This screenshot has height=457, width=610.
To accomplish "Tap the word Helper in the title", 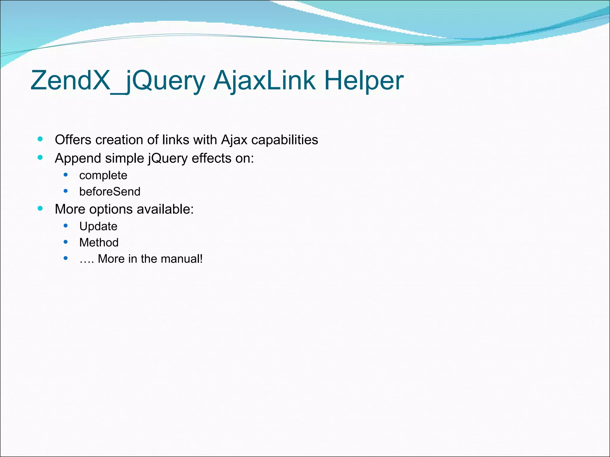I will click(364, 81).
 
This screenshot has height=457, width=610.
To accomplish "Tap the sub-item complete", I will click(103, 176).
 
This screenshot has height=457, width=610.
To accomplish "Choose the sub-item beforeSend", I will click(110, 192).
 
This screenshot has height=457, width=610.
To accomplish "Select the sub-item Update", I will click(98, 227).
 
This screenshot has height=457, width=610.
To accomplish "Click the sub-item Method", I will click(99, 243).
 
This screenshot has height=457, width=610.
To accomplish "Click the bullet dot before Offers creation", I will click(40, 139).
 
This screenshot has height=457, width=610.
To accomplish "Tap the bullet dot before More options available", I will click(40, 208).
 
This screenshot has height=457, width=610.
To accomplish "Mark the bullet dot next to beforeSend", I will click(66, 191).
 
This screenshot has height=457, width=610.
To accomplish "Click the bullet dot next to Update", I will click(66, 226).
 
